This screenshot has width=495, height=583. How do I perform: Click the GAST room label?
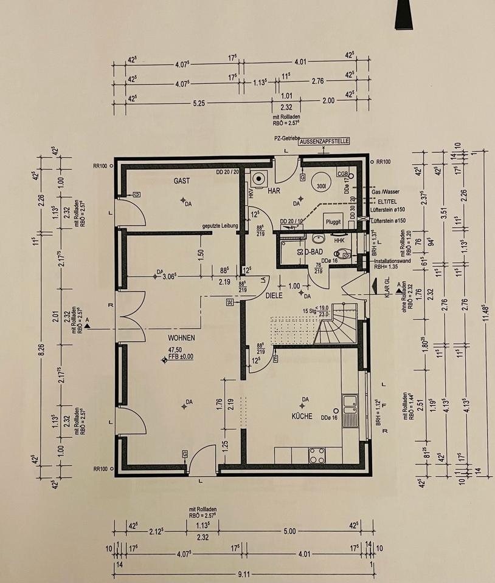point(182,180)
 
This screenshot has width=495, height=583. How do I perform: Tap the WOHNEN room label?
point(181,338)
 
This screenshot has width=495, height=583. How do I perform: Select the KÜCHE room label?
point(302,416)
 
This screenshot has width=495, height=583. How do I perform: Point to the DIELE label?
point(275,296)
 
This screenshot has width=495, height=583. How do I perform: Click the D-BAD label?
point(313,251)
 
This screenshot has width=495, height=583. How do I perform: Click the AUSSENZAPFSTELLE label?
point(324,141)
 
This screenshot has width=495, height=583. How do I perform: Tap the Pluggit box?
point(334,222)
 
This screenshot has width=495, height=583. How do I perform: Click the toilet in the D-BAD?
point(341,253)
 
